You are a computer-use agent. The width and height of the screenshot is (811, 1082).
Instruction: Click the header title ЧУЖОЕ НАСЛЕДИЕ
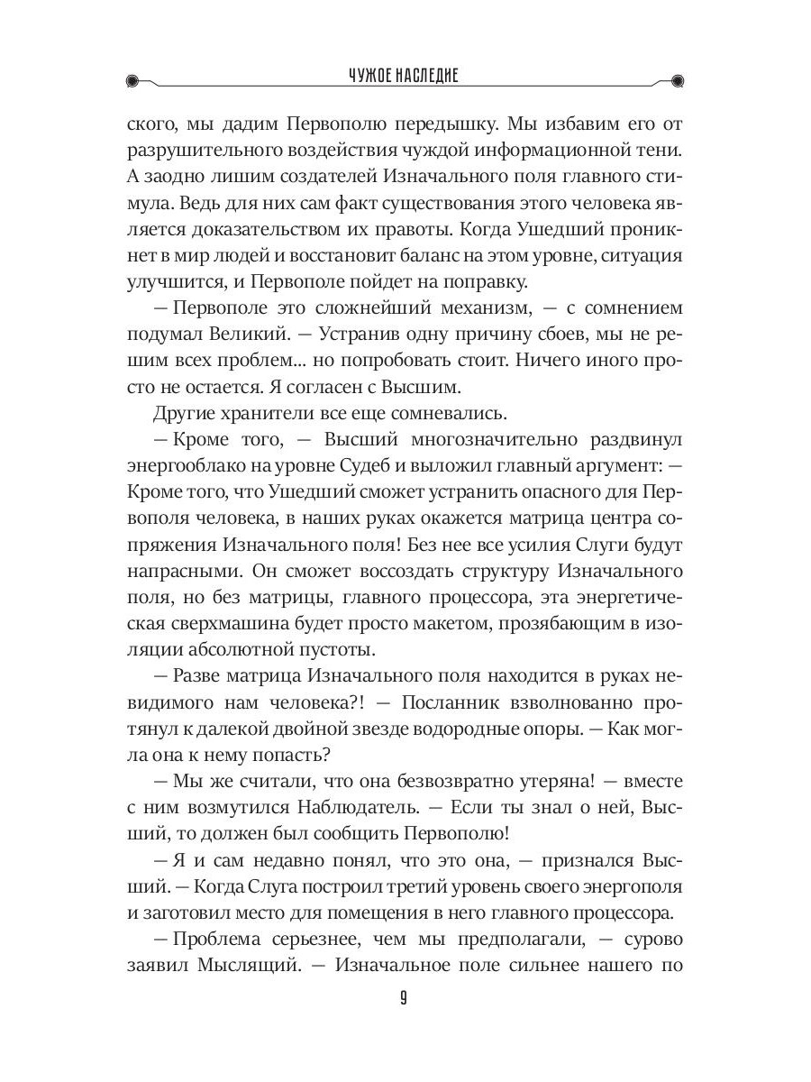click(404, 78)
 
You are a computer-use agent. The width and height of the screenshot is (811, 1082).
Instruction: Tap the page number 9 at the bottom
click(404, 998)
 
